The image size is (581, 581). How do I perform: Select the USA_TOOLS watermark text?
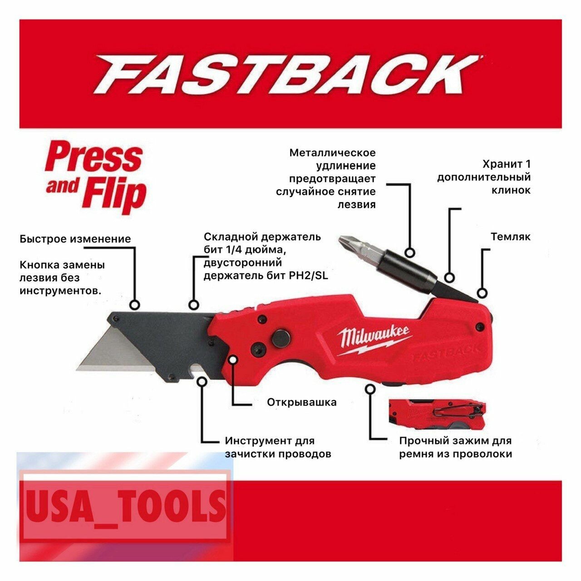(125, 505)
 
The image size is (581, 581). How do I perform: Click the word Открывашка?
(301, 402)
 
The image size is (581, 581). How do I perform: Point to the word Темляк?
(510, 236)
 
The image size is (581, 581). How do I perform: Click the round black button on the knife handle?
(281, 339)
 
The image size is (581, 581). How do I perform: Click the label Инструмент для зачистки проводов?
(277, 447)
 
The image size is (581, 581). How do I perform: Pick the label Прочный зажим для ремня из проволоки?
(455, 447)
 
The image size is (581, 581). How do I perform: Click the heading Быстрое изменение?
(75, 239)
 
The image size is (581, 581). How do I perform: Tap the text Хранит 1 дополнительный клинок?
(484, 177)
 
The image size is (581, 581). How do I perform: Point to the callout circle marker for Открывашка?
(233, 359)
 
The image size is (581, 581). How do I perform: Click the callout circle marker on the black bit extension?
(410, 253)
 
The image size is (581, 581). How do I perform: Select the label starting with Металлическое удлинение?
(326, 178)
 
